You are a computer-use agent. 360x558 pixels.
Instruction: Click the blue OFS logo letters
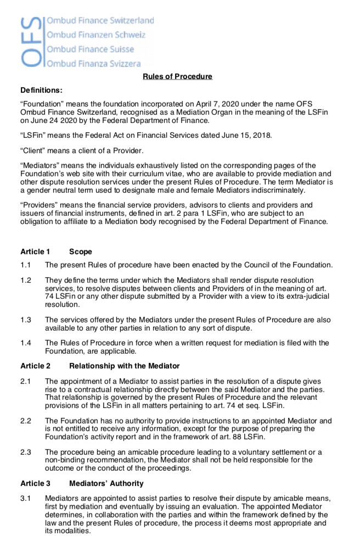[31, 42]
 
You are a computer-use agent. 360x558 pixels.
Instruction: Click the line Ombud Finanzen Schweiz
[96, 35]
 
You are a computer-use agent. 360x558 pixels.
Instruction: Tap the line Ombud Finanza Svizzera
[93, 64]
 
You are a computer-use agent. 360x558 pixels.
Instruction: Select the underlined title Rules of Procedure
[177, 76]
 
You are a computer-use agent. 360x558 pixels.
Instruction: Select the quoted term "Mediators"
[41, 166]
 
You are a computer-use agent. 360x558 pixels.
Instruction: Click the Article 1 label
[35, 252]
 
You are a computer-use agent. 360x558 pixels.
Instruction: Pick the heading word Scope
[81, 252]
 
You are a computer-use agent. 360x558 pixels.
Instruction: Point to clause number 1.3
[26, 320]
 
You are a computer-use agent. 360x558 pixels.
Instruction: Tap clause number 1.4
[26, 343]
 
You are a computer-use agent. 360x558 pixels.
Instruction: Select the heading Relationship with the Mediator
[125, 366]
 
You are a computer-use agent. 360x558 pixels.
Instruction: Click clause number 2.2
[26, 421]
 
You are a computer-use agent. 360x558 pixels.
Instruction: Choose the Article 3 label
[35, 483]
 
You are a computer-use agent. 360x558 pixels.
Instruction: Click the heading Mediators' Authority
[106, 483]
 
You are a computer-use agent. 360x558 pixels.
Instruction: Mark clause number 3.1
[26, 498]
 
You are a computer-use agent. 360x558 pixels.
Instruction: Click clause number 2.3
[26, 452]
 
